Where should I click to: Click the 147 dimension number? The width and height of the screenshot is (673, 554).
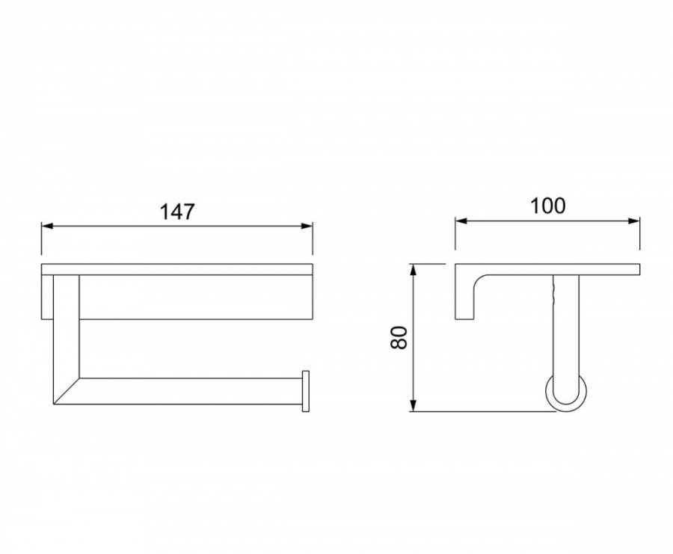click(x=177, y=212)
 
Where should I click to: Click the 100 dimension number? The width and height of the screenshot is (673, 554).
click(x=548, y=206)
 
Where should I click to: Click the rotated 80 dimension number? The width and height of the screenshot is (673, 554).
click(x=399, y=338)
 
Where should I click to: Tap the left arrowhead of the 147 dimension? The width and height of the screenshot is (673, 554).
click(x=47, y=226)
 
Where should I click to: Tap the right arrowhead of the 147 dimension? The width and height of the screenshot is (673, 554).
click(x=307, y=226)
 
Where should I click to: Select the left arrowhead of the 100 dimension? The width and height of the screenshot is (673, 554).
click(x=461, y=221)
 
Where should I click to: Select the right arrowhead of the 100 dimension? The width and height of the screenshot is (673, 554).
click(x=634, y=221)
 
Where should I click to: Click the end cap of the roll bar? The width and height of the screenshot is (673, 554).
click(x=306, y=391)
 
